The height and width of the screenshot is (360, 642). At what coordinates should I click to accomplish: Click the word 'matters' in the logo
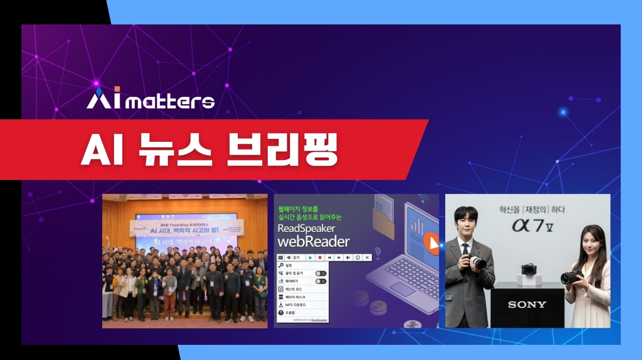(173, 102)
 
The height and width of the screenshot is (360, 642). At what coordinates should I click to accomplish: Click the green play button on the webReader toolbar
(311, 257)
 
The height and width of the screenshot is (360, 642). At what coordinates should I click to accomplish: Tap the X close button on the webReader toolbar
(367, 257)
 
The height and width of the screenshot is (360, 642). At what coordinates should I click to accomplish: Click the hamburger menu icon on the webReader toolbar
(280, 257)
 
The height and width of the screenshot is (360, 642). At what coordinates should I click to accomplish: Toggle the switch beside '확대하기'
(321, 281)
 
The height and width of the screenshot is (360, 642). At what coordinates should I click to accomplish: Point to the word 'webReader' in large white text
(314, 242)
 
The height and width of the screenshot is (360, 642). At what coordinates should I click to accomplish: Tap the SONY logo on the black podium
(527, 305)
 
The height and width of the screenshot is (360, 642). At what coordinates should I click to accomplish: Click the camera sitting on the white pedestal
(528, 270)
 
